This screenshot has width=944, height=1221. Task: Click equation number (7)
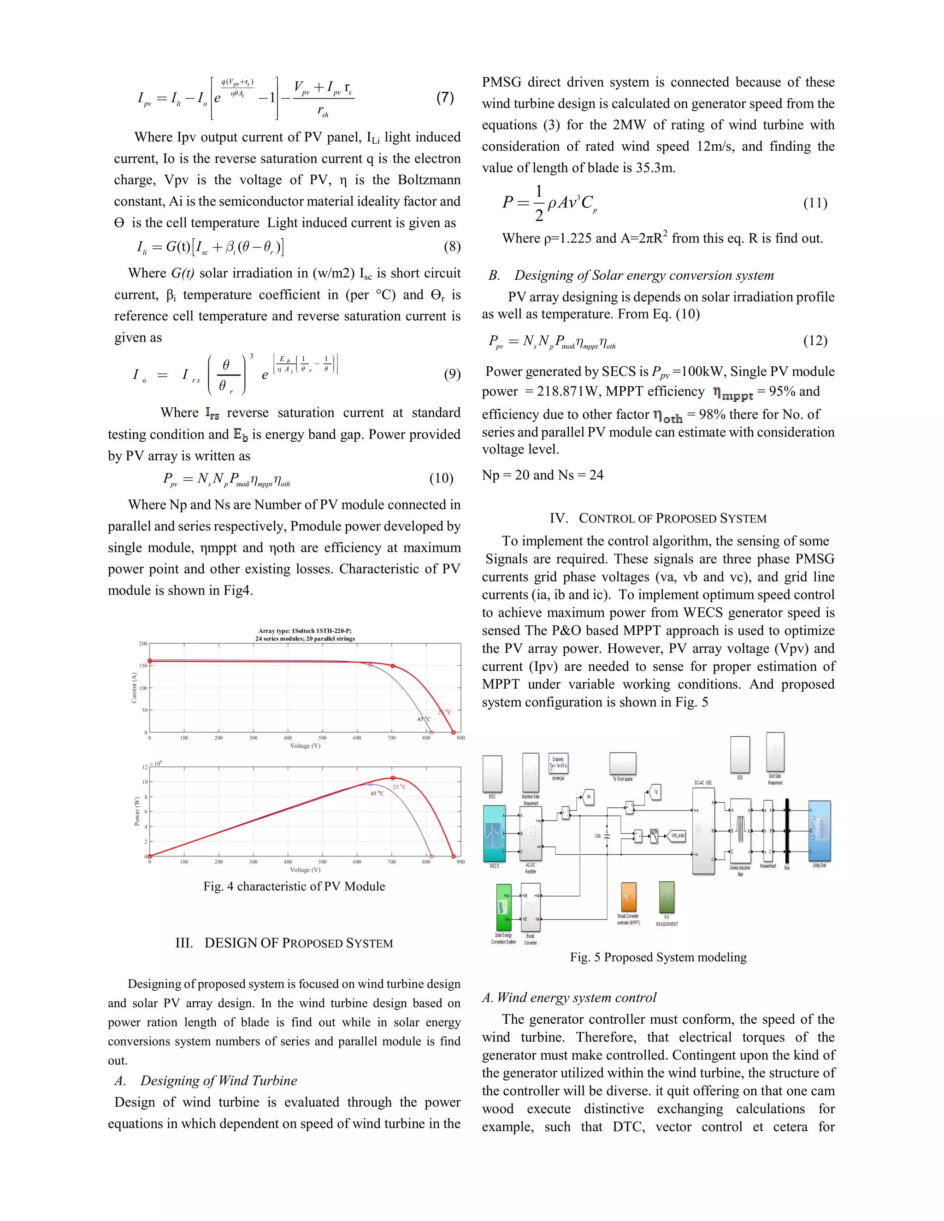(445, 97)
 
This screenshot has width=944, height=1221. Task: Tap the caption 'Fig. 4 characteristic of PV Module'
(294, 886)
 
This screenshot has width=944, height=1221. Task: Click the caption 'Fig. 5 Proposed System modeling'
(658, 957)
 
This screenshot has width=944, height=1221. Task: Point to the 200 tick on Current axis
(143, 644)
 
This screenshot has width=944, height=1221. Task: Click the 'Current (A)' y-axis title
(134, 687)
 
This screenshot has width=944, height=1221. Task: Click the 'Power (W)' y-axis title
(137, 811)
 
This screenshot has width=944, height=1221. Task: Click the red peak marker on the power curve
(393, 778)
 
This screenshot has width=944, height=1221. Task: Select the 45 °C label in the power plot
(377, 793)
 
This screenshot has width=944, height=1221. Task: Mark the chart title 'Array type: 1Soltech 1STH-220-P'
(305, 631)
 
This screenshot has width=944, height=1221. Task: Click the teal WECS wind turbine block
(495, 834)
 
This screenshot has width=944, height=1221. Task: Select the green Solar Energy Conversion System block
(503, 907)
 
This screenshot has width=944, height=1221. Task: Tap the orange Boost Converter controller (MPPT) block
(629, 897)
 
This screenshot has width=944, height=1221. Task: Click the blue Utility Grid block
(819, 831)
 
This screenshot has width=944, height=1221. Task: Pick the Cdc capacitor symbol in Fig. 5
(608, 836)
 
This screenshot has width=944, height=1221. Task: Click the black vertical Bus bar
(787, 831)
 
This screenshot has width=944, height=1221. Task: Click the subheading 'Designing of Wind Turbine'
(218, 1080)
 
